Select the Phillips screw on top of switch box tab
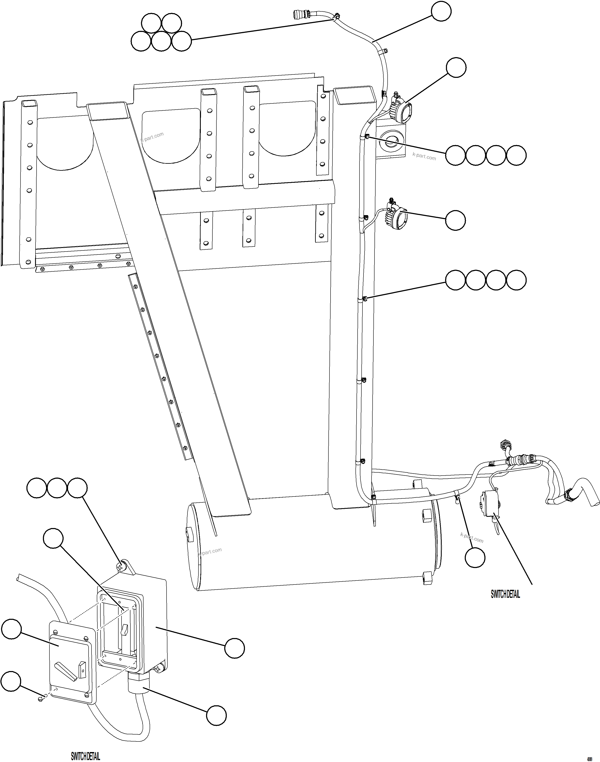pos(121,567)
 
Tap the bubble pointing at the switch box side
pos(234,648)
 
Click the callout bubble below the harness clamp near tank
pos(475,557)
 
